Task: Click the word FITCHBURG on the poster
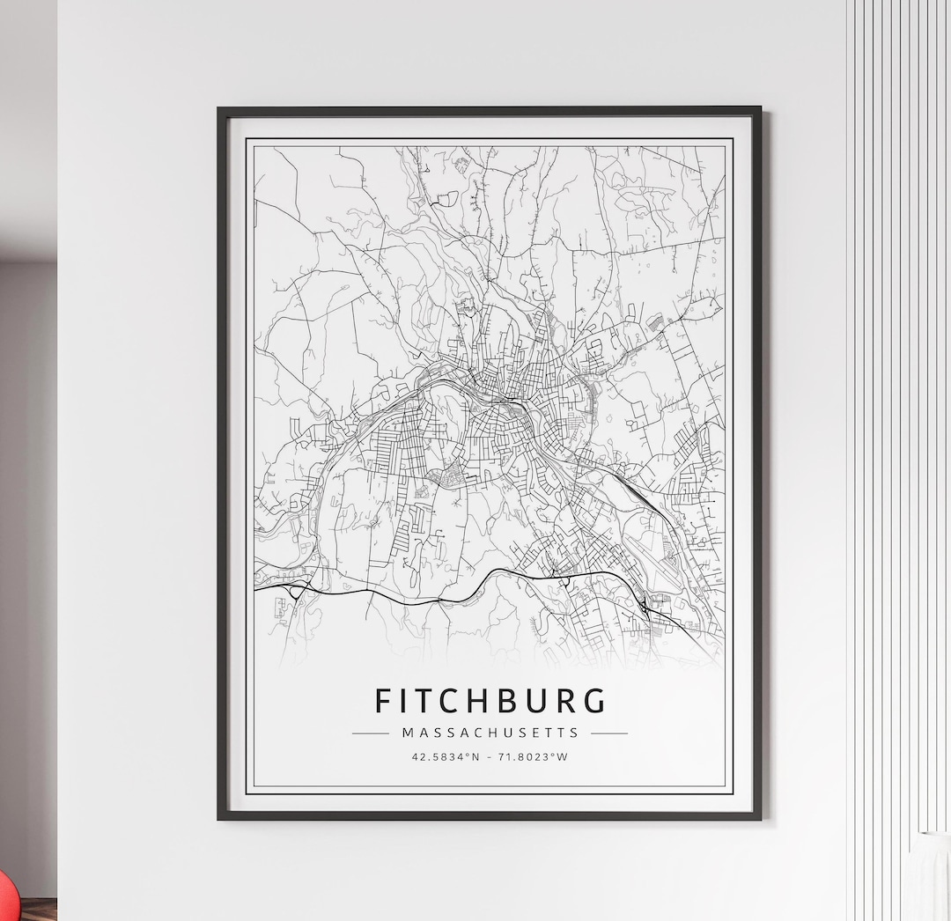point(490,701)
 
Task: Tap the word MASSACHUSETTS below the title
point(490,733)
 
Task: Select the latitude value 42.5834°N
point(446,757)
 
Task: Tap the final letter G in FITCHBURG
point(595,701)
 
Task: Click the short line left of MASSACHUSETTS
point(371,733)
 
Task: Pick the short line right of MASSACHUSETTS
point(608,733)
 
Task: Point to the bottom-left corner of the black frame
point(220,817)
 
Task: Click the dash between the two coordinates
point(490,757)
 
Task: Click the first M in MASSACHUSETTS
point(408,733)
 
